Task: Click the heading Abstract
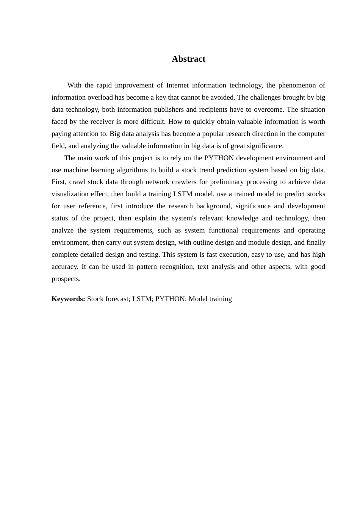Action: point(188,59)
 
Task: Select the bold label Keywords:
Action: point(68,299)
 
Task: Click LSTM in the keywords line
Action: point(142,299)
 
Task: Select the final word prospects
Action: point(66,279)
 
